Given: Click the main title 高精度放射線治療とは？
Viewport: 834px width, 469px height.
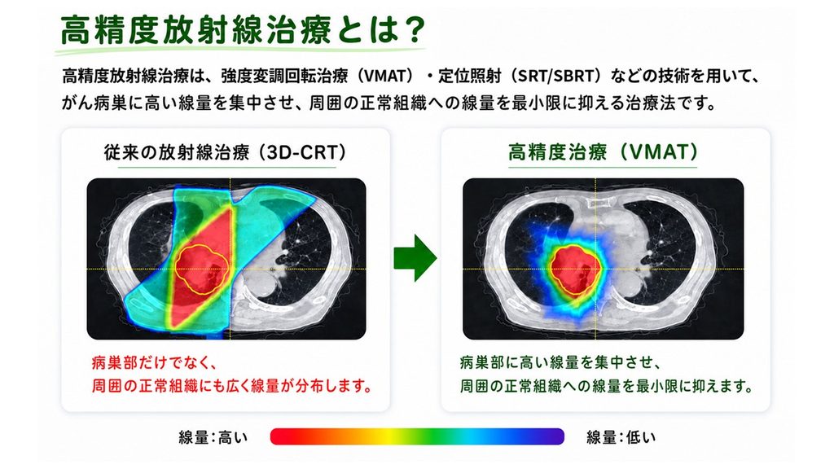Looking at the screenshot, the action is [243, 30].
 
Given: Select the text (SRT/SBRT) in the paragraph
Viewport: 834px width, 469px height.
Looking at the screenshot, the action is [552, 76].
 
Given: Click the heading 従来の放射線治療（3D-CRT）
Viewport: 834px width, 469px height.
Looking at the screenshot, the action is [226, 152].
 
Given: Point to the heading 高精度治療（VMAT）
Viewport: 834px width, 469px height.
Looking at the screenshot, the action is [603, 152].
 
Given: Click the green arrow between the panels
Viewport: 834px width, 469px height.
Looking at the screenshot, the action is [415, 258].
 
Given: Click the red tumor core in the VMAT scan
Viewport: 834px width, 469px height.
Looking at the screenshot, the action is [576, 270].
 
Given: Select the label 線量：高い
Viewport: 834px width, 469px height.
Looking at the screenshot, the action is [213, 437].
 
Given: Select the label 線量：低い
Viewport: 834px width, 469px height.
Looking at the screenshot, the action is [621, 437].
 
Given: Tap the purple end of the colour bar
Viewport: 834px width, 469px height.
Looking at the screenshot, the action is [555, 436].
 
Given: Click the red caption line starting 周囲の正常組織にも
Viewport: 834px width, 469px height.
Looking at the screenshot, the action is [232, 385].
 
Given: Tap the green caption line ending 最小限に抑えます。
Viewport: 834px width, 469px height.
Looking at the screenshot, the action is [607, 385].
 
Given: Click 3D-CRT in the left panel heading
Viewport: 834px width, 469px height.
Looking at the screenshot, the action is [302, 152].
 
